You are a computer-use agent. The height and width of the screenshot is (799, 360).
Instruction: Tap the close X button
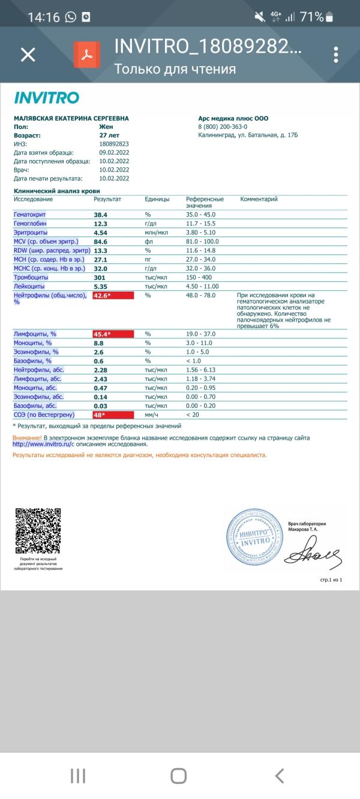[x=28, y=55]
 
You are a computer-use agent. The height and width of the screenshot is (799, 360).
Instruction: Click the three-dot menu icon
[x=335, y=55]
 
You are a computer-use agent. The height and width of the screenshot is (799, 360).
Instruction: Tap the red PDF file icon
[x=87, y=55]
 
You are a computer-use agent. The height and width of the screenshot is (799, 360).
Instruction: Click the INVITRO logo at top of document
[x=46, y=98]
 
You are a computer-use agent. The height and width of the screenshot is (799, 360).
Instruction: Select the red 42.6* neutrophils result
[x=113, y=296]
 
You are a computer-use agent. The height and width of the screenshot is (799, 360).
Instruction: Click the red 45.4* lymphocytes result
[x=113, y=334]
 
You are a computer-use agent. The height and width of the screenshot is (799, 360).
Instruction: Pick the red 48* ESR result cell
[x=113, y=414]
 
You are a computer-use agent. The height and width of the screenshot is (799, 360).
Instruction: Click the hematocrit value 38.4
[x=100, y=214]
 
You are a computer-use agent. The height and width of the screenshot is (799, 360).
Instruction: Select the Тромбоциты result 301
[x=100, y=277]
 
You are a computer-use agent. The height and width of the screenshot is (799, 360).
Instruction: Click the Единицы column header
[x=157, y=199]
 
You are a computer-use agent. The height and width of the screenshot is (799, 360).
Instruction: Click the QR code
[x=37, y=531]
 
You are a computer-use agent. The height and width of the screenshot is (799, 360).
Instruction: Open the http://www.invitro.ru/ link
[x=43, y=444]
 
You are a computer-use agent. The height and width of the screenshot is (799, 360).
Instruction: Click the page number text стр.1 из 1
[x=331, y=580]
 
